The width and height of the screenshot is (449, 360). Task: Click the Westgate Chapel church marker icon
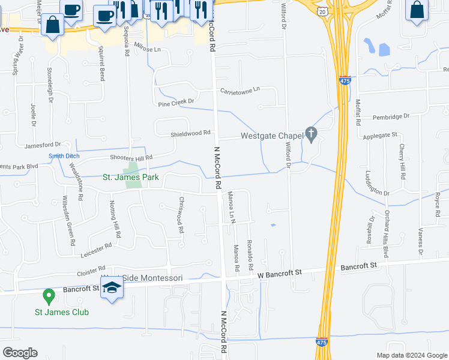[x=311, y=134]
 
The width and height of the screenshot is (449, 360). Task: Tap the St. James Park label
[x=130, y=177]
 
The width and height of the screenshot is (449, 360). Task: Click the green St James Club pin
[x=48, y=296]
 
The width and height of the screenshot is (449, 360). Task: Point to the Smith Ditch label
[x=64, y=156]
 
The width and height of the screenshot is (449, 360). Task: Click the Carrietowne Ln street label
[x=240, y=89]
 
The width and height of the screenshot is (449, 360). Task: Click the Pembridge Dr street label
[x=390, y=115]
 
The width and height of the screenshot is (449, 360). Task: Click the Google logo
[x=20, y=353]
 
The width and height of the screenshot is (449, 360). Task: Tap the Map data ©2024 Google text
[x=412, y=355]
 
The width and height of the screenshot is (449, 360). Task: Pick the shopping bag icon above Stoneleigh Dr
[x=53, y=25]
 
